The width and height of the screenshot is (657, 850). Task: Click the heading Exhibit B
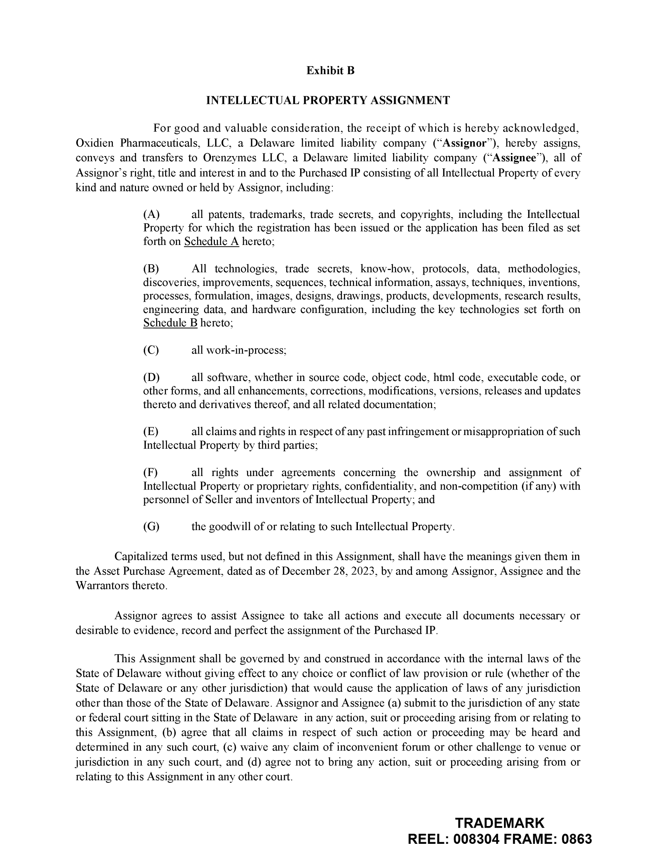pyautogui.click(x=330, y=70)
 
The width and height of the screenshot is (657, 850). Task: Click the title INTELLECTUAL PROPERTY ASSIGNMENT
pyautogui.click(x=328, y=100)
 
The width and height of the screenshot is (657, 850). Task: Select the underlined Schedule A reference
pyautogui.click(x=211, y=242)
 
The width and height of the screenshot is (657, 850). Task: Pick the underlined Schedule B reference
pyautogui.click(x=170, y=323)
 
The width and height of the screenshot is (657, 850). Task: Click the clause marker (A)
pyautogui.click(x=151, y=214)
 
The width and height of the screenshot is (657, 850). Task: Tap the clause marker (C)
pyautogui.click(x=151, y=350)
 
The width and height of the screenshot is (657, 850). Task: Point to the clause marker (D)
pyautogui.click(x=151, y=377)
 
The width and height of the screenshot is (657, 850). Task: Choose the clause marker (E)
pyautogui.click(x=151, y=432)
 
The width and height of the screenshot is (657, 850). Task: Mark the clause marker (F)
pyautogui.click(x=151, y=473)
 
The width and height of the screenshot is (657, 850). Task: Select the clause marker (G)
pyautogui.click(x=151, y=527)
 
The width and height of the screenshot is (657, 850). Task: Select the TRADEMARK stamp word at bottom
pyautogui.click(x=499, y=823)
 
